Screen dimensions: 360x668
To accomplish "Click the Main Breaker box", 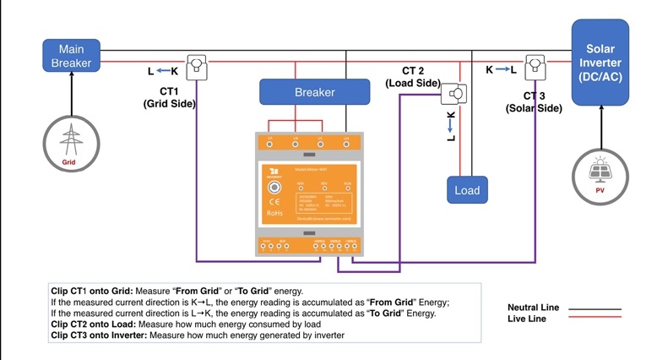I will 71,54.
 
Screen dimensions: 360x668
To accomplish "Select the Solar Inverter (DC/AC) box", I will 601,63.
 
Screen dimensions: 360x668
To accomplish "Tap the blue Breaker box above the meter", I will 314,92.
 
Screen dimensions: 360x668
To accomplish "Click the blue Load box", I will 467,190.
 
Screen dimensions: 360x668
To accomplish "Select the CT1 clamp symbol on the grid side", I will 196,66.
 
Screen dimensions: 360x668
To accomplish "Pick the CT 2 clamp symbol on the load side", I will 457,92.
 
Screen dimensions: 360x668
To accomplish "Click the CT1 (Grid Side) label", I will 169,97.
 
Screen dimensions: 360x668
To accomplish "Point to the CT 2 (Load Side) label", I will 413,77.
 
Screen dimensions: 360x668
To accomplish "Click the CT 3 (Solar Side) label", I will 534,102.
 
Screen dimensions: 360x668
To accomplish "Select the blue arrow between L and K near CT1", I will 163,72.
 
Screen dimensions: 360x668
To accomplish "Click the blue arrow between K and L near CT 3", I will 501,68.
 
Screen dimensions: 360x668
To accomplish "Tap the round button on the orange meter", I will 274,188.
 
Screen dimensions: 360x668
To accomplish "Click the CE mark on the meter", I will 274,202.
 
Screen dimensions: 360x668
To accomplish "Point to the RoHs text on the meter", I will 275,214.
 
